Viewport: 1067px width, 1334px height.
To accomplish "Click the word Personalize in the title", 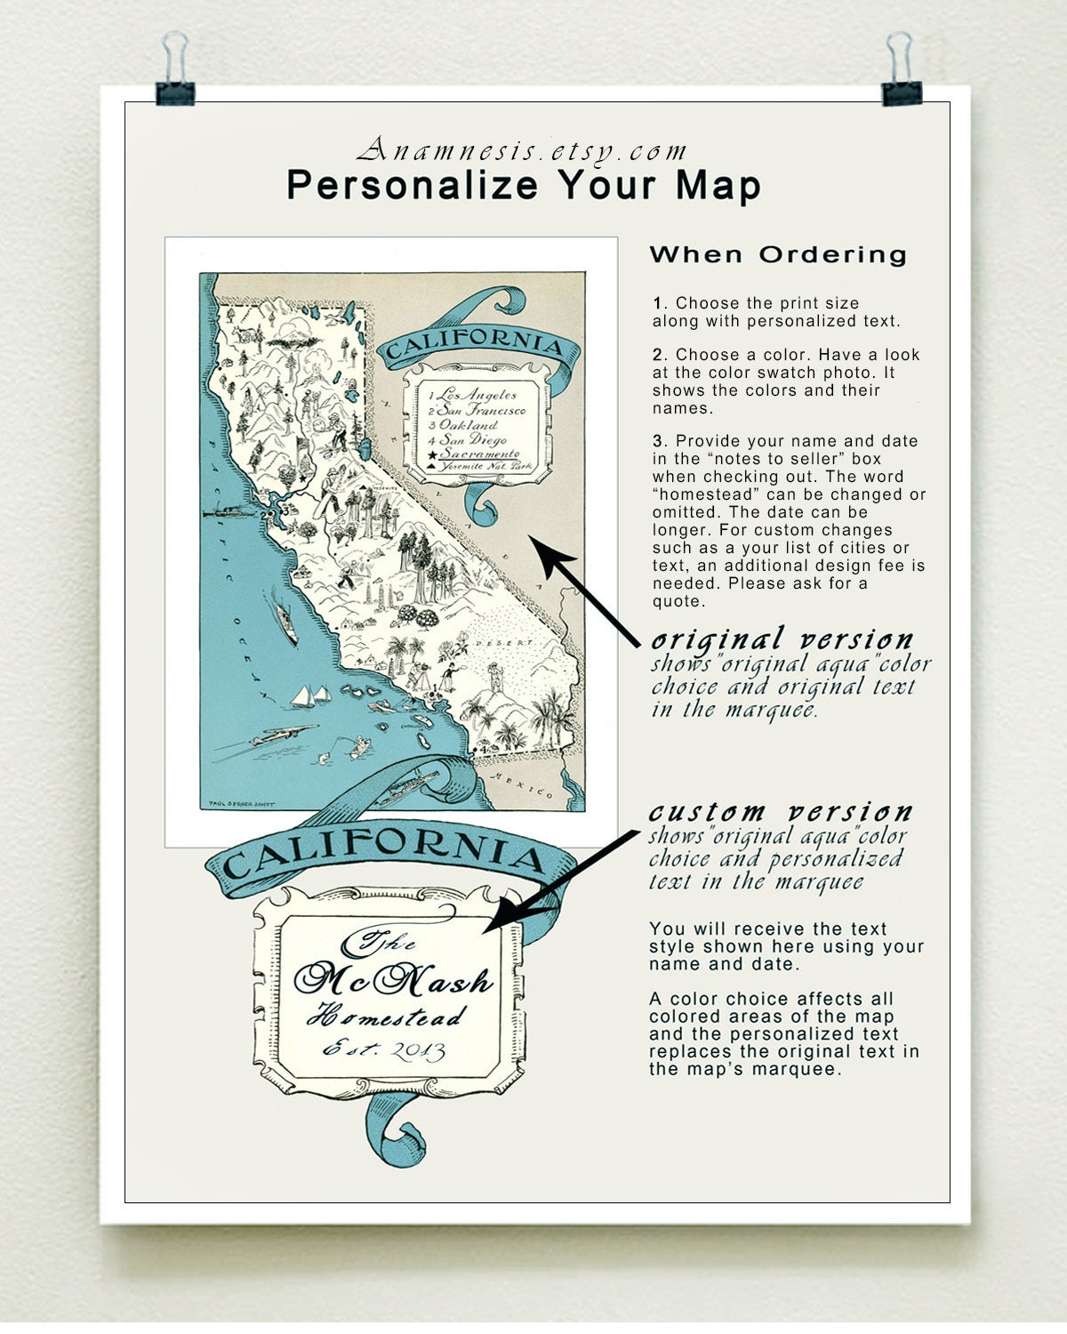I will tap(413, 185).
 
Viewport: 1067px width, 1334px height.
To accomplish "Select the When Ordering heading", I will tap(778, 254).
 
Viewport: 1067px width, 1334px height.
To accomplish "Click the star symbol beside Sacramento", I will tap(432, 454).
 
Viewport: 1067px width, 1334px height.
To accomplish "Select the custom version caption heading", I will tap(780, 812).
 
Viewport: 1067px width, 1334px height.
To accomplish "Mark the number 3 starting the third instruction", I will tap(658, 441).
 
